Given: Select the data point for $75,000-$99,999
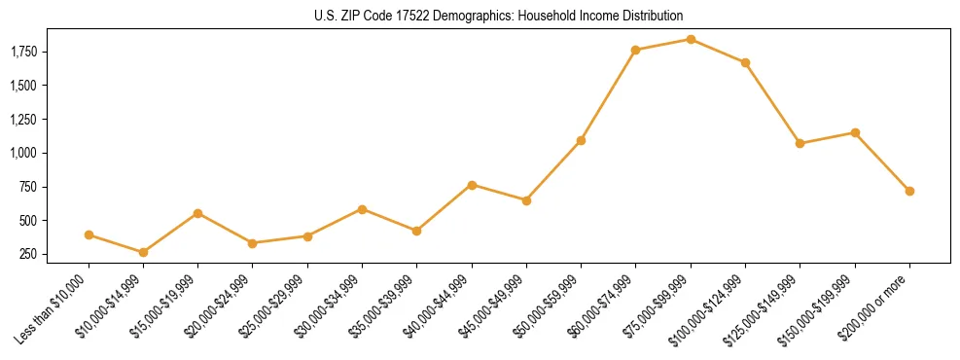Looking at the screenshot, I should coord(691,39).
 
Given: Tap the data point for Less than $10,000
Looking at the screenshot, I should coord(89,234).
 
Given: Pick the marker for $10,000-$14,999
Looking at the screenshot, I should coord(143,252).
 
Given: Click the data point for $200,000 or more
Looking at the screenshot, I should coord(909,191).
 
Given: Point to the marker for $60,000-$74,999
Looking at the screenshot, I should coord(636,50).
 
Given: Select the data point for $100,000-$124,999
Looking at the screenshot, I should coord(745,62).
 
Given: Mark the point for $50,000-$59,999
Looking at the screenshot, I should coord(581,140).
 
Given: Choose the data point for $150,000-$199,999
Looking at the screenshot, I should coord(855,132).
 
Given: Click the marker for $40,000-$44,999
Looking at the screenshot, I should coord(472,184).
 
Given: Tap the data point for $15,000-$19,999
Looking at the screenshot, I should coord(198,213).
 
